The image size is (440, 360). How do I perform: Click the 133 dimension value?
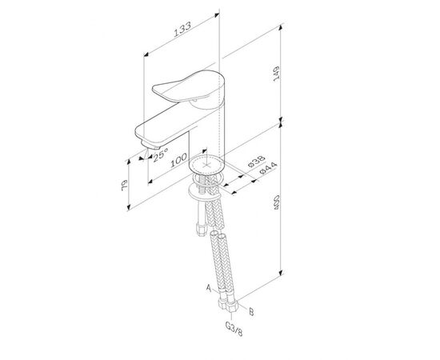[x=182, y=29]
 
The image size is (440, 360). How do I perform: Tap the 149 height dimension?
[x=277, y=74]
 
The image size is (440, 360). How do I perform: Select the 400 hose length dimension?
[x=277, y=202]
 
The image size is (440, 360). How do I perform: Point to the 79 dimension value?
[x=125, y=186]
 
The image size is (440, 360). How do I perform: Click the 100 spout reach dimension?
[x=178, y=160]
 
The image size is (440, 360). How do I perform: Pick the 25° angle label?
[x=161, y=155]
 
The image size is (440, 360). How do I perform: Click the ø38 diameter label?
[x=257, y=162]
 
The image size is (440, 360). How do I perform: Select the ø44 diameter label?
[x=268, y=168]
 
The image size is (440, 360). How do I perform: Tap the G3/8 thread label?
[x=234, y=329]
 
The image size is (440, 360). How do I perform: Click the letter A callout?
[x=209, y=288]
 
